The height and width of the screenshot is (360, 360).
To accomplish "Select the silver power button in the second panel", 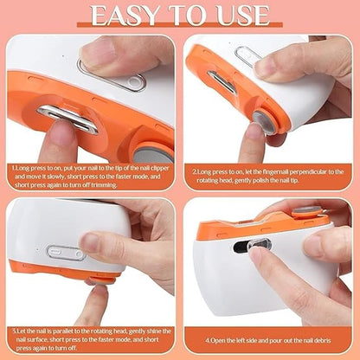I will [x=248, y=59].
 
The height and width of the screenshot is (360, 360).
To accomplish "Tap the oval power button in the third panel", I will [x=66, y=254].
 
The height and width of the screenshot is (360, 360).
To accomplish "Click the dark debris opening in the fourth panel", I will [x=245, y=247].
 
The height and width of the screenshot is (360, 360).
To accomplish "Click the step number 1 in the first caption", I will [x=13, y=169].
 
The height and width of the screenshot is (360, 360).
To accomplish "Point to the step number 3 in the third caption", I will [x=15, y=330].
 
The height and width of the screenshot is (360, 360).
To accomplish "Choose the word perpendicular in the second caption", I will [x=299, y=171].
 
